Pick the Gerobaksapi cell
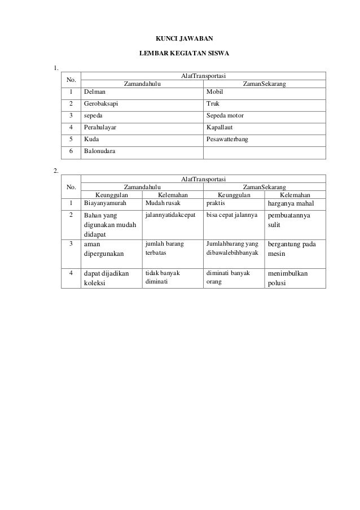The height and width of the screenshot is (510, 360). point(101,104)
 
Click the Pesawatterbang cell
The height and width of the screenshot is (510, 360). point(227,139)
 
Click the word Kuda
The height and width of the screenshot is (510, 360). point(91,139)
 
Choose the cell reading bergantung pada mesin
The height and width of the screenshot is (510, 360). point(292,249)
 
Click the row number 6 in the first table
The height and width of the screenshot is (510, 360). point(72,151)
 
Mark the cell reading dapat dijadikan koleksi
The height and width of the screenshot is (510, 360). point(106,278)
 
